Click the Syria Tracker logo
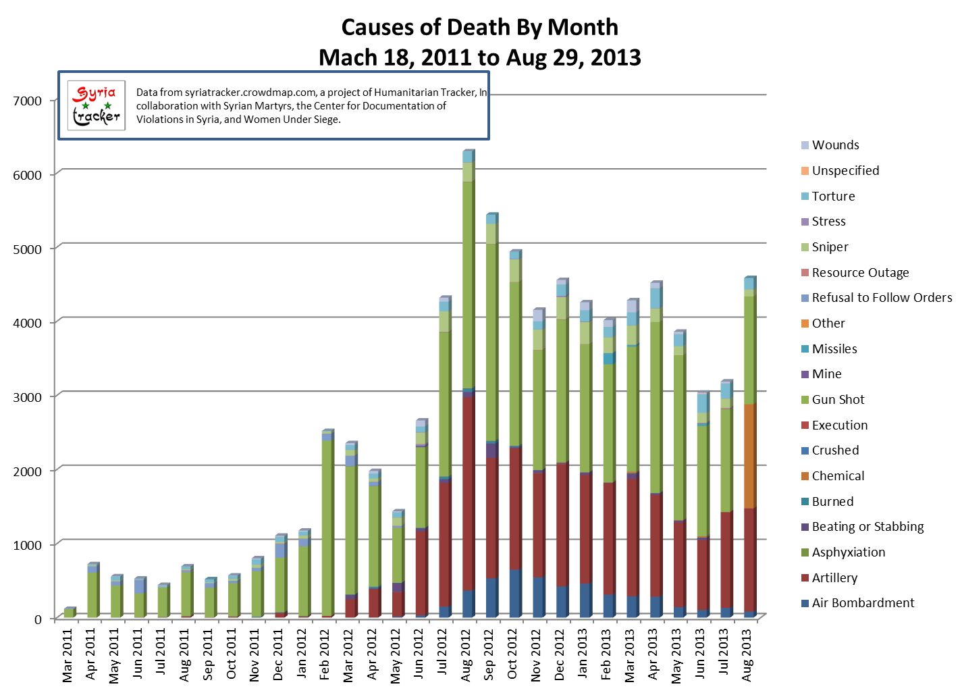[97, 105]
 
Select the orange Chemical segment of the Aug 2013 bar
[749, 456]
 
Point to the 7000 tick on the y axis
[28, 101]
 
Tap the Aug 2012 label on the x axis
[466, 654]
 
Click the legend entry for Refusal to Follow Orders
[881, 298]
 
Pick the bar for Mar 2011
[68, 613]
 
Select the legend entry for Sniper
[830, 247]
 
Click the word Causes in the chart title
[374, 28]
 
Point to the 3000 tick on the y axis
[28, 397]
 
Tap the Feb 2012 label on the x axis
[326, 654]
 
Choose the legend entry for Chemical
[837, 476]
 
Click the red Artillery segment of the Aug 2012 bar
[467, 493]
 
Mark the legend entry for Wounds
[835, 145]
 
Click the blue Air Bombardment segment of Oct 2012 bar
[514, 593]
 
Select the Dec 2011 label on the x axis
[279, 654]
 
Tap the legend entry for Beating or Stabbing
[867, 527]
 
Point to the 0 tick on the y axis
[37, 619]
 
